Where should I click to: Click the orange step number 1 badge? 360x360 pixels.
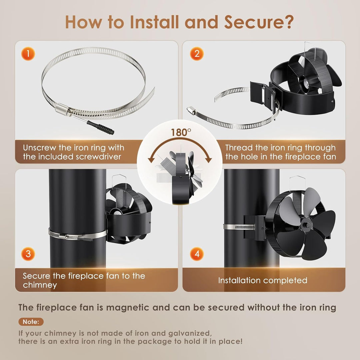(x=28, y=54)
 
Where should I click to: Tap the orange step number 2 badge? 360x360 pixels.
(x=197, y=54)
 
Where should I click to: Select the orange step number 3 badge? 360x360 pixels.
(x=28, y=254)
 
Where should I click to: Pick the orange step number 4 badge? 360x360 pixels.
(x=197, y=254)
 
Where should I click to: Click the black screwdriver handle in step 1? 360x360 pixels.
(x=100, y=127)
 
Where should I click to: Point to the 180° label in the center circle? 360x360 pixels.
(x=181, y=132)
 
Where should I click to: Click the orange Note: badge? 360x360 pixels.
(x=31, y=322)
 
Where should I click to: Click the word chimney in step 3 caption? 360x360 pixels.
(x=40, y=285)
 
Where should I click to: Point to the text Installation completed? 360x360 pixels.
(x=263, y=281)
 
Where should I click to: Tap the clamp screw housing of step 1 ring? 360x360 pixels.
(x=62, y=108)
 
